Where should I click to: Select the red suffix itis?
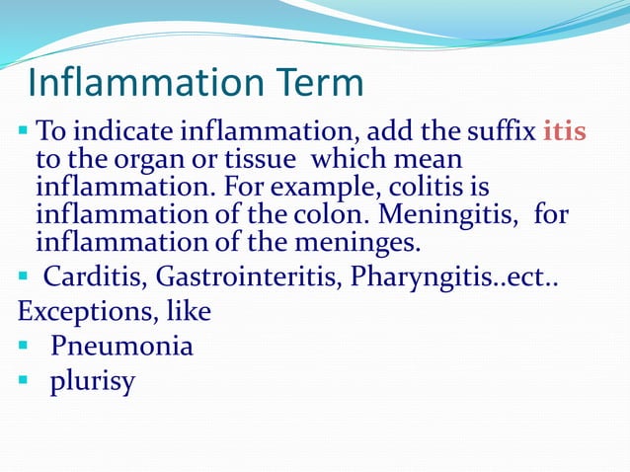[564, 131]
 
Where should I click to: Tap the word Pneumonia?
[122, 347]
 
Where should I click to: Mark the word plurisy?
[92, 382]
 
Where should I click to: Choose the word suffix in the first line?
[501, 131]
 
